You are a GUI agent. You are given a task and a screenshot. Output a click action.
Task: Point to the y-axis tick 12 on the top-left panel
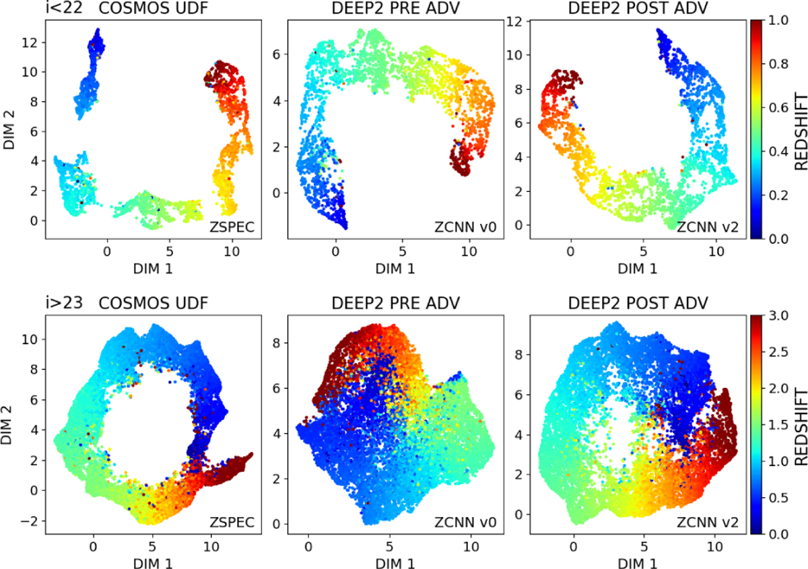click(32, 42)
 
